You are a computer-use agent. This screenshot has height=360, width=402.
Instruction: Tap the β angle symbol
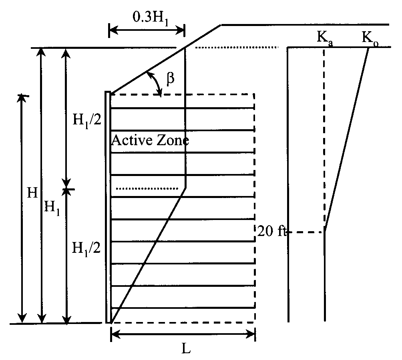click(x=171, y=78)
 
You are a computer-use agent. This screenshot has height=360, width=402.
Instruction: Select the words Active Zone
click(x=150, y=140)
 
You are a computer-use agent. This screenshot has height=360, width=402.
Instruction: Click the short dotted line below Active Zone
click(x=147, y=188)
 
